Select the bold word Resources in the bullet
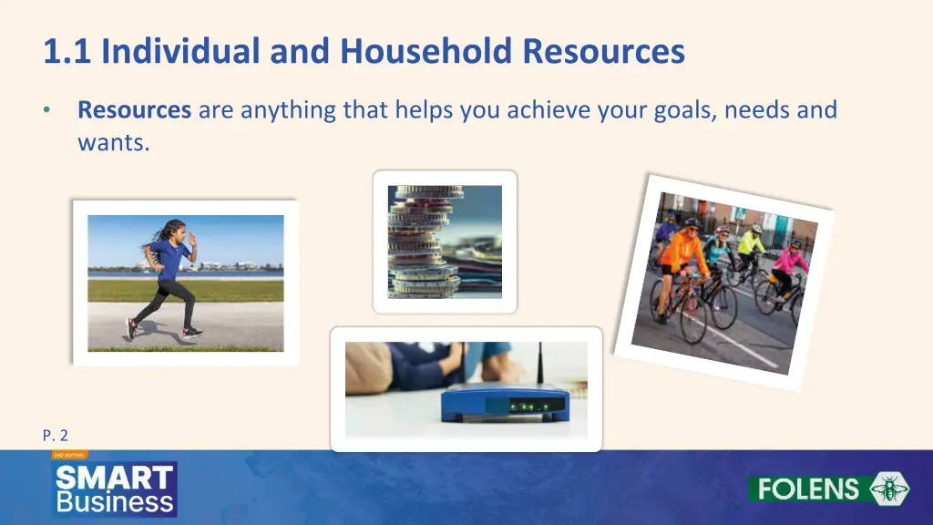[x=134, y=111]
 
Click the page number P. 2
[x=56, y=435]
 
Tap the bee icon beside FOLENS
[x=888, y=489]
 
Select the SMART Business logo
[x=115, y=489]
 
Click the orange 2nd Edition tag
[x=69, y=454]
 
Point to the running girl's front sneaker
[x=191, y=333]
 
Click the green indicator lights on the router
[x=522, y=406]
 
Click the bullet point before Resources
[x=46, y=111]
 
